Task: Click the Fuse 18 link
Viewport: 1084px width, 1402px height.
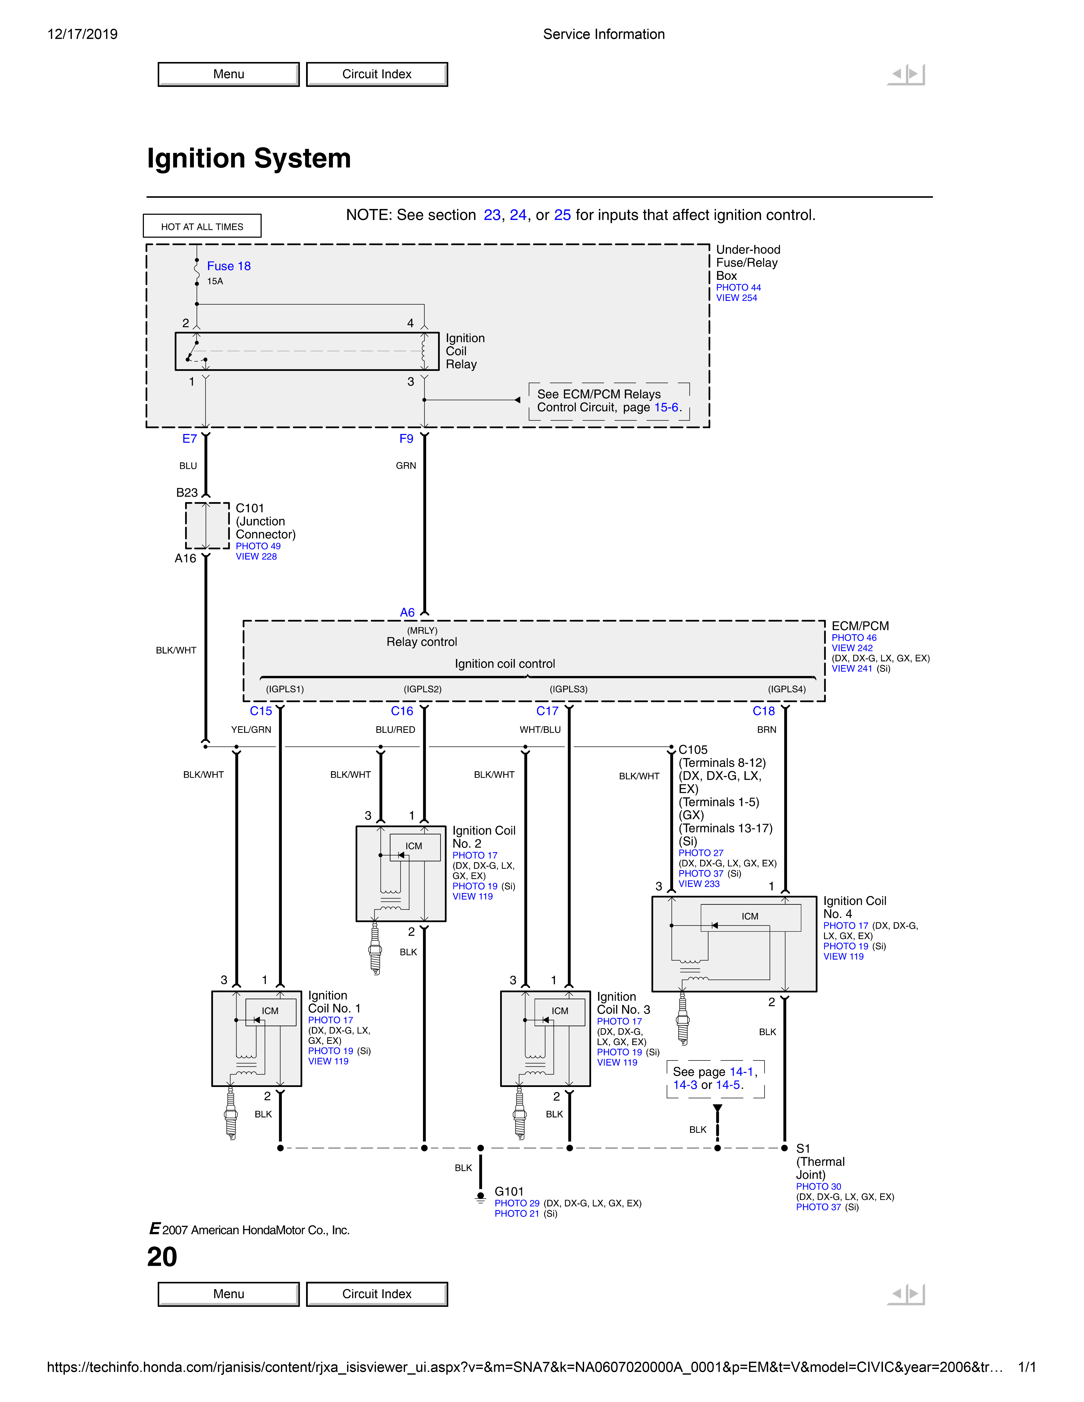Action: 229,266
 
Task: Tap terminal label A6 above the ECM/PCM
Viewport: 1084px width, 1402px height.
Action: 407,612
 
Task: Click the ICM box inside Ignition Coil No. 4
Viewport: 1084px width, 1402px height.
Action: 750,917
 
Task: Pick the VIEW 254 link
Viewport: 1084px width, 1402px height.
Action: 736,298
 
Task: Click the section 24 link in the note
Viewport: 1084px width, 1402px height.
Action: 518,215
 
